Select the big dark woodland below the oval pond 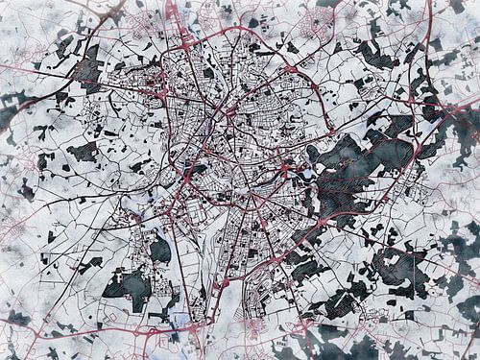click(128, 288)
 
